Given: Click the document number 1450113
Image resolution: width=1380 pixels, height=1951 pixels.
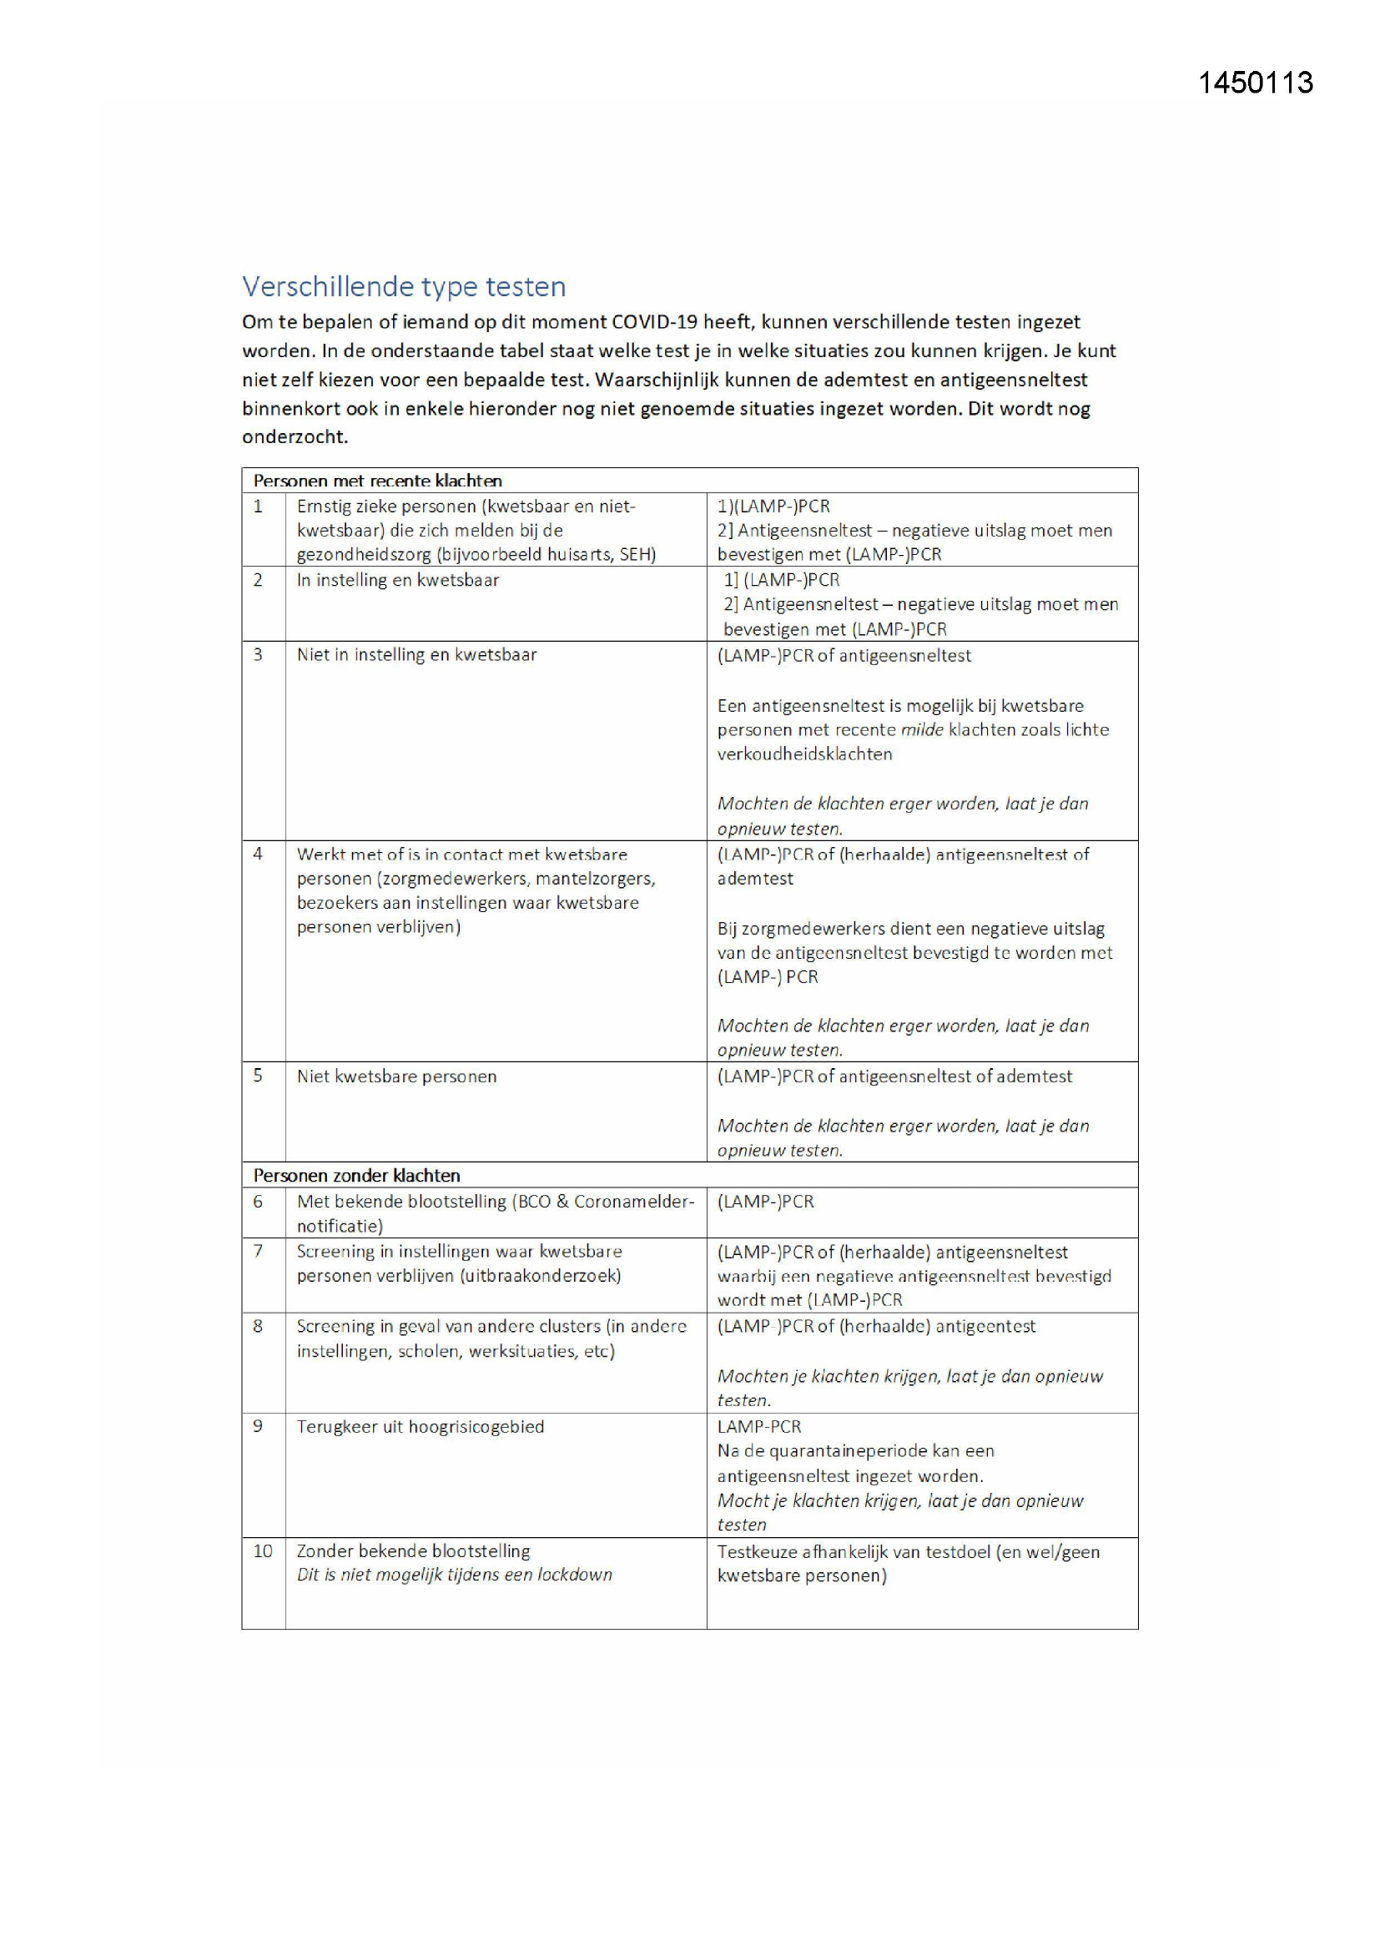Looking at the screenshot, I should pos(1255,83).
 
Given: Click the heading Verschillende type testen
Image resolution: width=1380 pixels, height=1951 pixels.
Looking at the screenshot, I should pos(404,286).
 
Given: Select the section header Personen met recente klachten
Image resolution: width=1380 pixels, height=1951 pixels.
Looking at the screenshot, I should pos(377,481).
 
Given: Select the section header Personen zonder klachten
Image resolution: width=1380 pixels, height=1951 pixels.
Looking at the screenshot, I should pos(356,1175).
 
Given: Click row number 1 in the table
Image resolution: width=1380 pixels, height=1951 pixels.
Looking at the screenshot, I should pos(259,507).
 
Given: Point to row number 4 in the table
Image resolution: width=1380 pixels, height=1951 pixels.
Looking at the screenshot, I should pos(259,854).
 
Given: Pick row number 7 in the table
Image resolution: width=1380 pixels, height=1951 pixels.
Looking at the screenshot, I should pos(259,1251).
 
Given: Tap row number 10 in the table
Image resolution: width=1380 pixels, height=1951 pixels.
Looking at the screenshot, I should pos(263,1550).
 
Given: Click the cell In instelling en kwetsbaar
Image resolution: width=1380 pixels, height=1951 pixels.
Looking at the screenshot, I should pos(398,580).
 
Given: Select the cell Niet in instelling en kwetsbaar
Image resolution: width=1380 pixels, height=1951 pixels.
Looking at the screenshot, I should pos(416,654).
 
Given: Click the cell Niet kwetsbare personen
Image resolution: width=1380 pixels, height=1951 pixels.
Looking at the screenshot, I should pos(396,1076).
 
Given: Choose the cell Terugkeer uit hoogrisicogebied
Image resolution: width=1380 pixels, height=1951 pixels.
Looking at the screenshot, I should pos(420,1427).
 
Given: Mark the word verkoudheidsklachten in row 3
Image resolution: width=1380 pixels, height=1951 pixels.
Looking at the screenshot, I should pos(803,754).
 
